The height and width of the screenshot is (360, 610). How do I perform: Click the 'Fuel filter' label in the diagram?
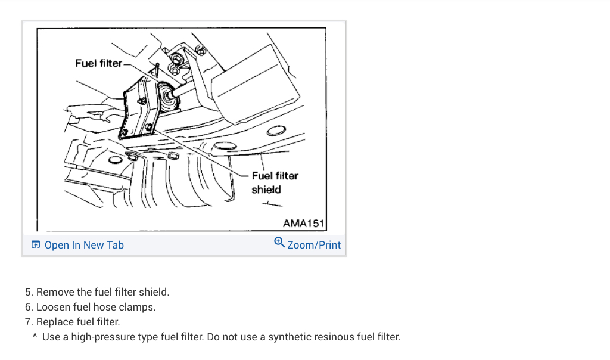point(98,63)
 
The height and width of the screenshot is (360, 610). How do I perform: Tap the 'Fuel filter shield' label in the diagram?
point(274,182)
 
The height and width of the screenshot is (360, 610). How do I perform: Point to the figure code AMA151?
point(303,224)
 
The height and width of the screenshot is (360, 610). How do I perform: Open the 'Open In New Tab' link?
point(84,245)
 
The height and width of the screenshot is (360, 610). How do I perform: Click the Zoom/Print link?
point(314,245)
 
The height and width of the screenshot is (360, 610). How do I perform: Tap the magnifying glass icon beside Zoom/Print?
point(279,243)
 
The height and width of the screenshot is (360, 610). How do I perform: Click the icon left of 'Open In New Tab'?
point(36,245)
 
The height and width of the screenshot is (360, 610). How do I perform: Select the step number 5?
point(28,292)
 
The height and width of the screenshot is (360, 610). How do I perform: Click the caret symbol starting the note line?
point(35,337)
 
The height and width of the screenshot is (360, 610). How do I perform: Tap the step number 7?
point(28,322)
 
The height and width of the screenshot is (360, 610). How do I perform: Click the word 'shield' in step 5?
point(154,292)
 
